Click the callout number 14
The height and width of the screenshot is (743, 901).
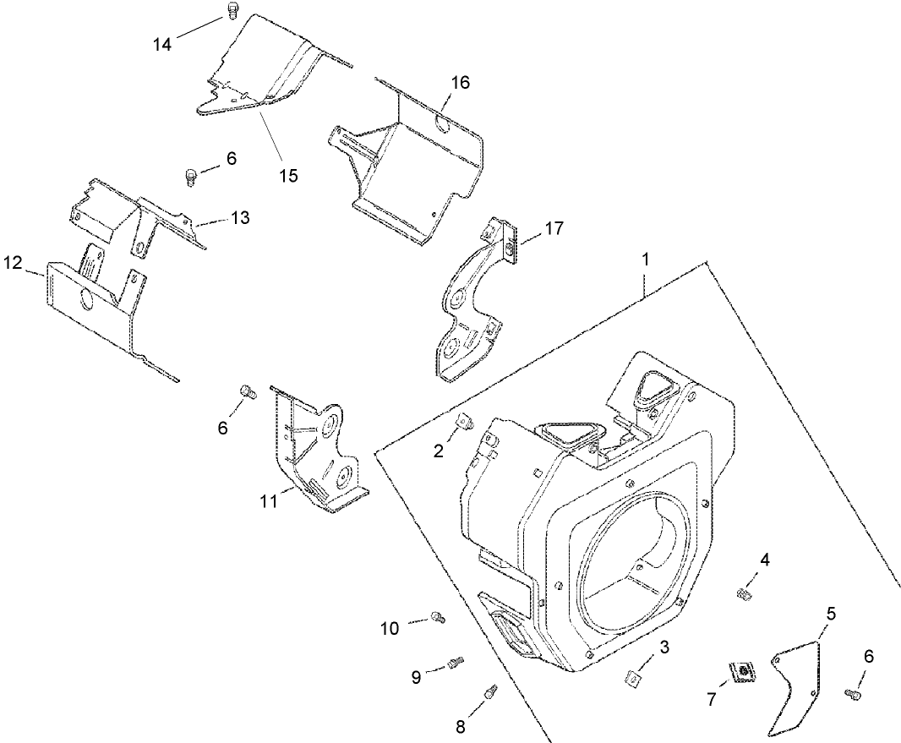[x=161, y=44]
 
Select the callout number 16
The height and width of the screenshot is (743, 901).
[x=461, y=83]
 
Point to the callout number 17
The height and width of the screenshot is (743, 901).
[x=554, y=228]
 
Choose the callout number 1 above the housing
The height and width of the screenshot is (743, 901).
[x=647, y=260]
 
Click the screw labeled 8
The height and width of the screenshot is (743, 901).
[x=489, y=693]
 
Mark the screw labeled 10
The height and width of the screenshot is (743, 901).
[x=437, y=618]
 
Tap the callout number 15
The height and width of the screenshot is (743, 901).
[x=288, y=175]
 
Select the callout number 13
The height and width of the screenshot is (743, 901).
[x=240, y=217]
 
